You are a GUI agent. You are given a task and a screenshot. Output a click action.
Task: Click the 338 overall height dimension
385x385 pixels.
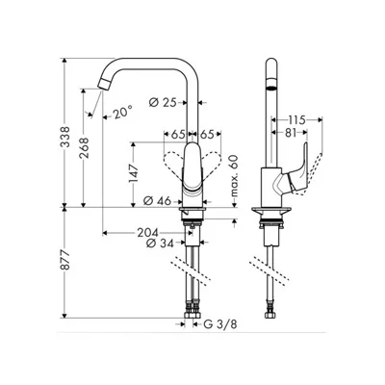65,137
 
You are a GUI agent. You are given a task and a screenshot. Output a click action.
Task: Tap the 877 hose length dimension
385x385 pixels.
65,260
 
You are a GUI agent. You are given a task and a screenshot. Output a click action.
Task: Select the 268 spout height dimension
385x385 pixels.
85,148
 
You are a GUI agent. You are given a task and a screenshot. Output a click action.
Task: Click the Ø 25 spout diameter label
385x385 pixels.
164,102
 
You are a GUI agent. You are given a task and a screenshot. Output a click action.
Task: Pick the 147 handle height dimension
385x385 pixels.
133,173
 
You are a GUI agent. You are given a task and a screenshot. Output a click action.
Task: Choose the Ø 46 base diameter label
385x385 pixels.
158,201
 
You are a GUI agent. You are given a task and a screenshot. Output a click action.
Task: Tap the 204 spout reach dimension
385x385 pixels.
148,232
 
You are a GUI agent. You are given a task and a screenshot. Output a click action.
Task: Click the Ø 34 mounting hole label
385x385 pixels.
160,244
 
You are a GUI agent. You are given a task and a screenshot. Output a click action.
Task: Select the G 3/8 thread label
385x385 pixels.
220,324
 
